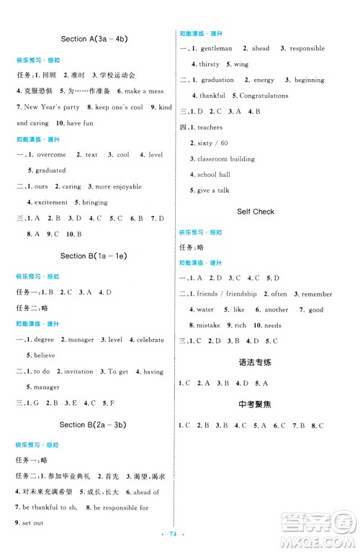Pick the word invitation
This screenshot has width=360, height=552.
click(79, 371)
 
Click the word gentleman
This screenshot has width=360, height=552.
click(215, 48)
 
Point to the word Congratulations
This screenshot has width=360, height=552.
click(264, 96)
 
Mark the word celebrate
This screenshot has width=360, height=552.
click(150, 339)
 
